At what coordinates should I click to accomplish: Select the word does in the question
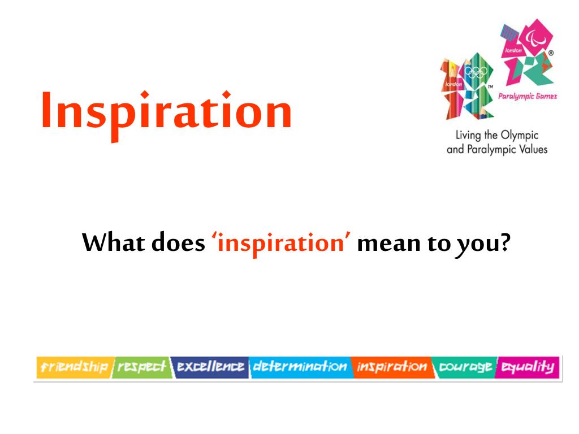pos(178,243)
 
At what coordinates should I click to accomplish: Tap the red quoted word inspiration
pos(281,244)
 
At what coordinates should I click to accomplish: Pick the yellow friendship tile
pos(75,367)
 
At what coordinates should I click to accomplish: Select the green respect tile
pos(142,367)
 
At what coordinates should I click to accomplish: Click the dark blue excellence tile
pos(210,367)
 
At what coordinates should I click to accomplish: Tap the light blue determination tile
pos(300,367)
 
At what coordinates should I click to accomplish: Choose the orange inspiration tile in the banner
pos(392,367)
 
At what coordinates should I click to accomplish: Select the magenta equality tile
pos(528,367)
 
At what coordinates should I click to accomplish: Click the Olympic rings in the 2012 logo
pos(476,72)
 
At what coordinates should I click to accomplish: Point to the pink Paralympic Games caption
pos(528,96)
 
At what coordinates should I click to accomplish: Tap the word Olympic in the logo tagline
pos(520,136)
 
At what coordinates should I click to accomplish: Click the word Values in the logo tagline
pos(533,149)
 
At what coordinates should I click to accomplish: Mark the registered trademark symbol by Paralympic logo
pos(551,53)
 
